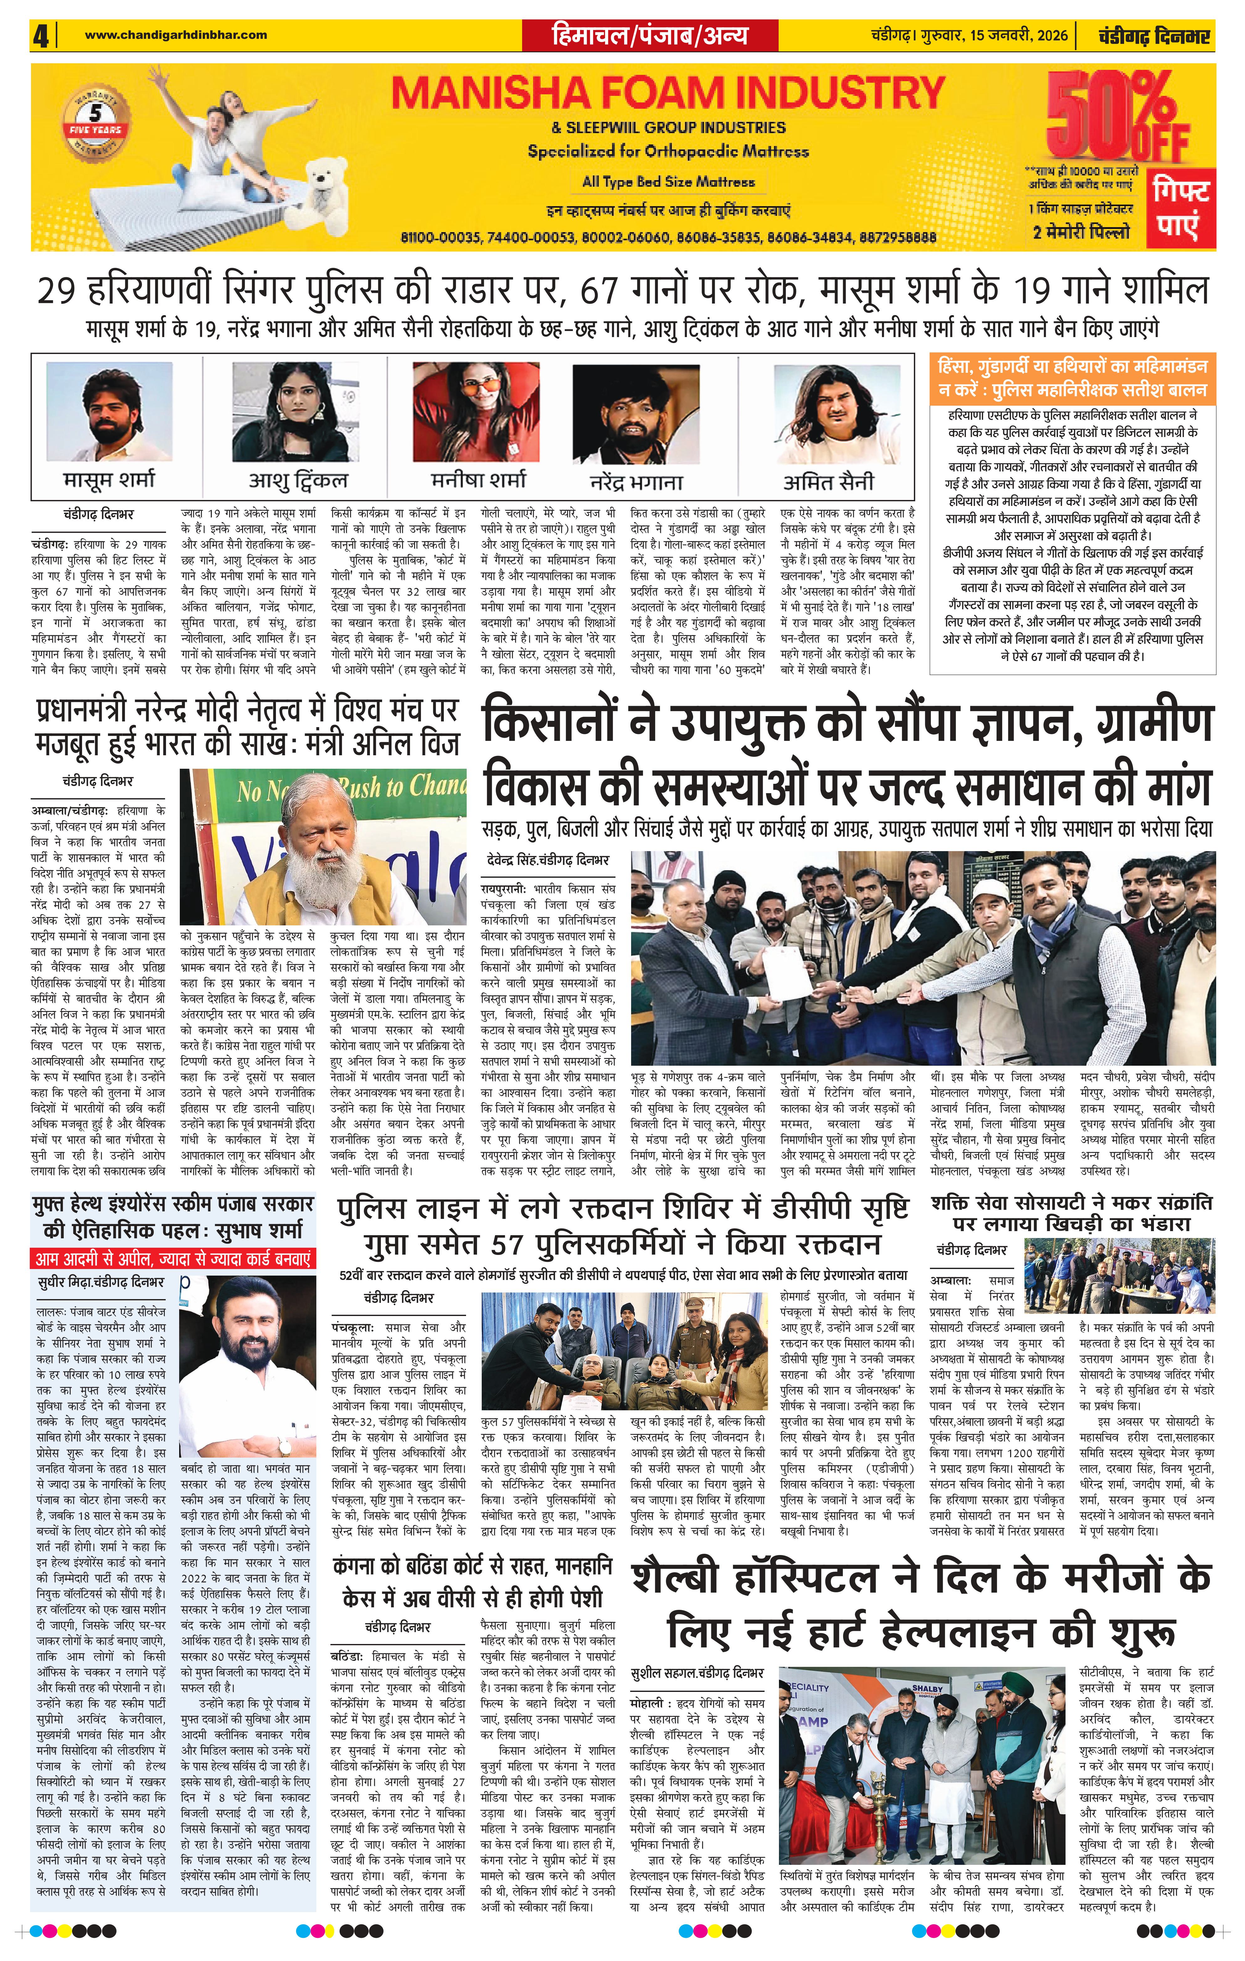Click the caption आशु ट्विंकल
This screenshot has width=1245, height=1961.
point(298,481)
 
